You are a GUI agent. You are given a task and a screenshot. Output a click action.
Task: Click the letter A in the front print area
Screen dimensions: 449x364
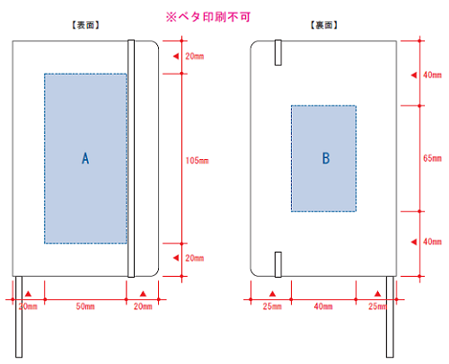click(x=85, y=158)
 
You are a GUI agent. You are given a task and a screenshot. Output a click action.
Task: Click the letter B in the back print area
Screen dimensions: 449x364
click(x=326, y=158)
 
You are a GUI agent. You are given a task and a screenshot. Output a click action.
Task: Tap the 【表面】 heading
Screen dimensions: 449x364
click(x=85, y=25)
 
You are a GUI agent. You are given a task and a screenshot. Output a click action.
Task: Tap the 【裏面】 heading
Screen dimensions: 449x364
click(x=324, y=25)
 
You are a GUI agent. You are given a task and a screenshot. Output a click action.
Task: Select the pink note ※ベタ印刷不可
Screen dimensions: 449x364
click(x=208, y=17)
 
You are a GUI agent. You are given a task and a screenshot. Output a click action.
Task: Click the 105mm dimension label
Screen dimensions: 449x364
click(x=197, y=161)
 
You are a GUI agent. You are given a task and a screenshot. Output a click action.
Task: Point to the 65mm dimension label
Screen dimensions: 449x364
click(x=432, y=158)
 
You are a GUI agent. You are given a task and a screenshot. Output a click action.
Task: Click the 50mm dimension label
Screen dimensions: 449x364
click(x=85, y=306)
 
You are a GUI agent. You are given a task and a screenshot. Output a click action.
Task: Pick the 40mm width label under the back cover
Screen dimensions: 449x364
click(x=323, y=306)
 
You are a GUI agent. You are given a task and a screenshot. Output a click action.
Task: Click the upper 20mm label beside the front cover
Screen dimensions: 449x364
click(x=195, y=56)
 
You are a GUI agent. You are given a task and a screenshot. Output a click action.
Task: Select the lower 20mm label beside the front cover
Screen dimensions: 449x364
click(x=195, y=258)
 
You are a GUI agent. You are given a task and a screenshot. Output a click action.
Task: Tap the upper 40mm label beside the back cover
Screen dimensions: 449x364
click(x=432, y=75)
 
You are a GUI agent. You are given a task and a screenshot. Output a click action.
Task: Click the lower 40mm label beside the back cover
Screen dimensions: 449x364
click(x=432, y=242)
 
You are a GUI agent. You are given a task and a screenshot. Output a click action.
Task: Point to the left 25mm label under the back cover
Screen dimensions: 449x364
click(x=272, y=306)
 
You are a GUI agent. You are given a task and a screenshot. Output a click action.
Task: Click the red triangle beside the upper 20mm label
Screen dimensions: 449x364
click(x=176, y=56)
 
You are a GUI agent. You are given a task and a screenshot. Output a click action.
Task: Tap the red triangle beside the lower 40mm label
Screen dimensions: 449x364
click(x=414, y=242)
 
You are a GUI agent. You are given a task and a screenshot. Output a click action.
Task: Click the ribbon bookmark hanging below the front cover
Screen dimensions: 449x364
click(x=19, y=316)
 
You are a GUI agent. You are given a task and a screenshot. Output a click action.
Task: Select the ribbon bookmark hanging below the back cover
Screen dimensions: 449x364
click(x=390, y=316)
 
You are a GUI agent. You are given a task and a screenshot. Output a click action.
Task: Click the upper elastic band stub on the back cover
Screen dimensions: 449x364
click(x=278, y=52)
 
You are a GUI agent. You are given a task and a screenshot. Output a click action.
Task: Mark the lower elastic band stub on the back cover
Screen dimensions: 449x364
click(x=278, y=264)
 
